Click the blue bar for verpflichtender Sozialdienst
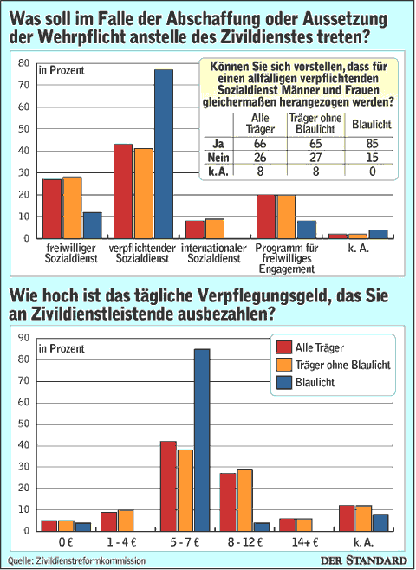[164, 154]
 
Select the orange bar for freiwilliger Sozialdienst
[72, 208]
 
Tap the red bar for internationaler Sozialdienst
[194, 230]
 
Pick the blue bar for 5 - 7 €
[202, 440]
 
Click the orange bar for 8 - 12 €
[244, 500]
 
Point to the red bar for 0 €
[49, 526]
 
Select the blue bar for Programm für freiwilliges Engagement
[306, 230]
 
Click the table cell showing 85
[373, 144]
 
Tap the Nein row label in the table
[218, 158]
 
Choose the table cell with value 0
[373, 171]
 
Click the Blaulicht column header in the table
[371, 125]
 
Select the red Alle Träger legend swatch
[283, 347]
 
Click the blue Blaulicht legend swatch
[283, 382]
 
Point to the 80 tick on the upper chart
[23, 63]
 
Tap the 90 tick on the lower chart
[23, 338]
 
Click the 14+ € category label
[305, 542]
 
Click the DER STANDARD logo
[364, 560]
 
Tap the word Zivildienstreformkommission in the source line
[91, 561]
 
